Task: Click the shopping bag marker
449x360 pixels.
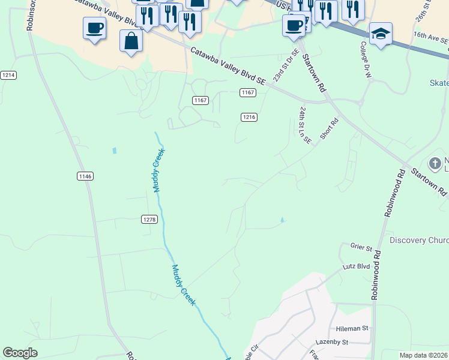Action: coord(131,41)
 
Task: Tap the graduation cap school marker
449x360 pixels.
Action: coord(381,33)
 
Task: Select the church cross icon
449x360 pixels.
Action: coord(435,163)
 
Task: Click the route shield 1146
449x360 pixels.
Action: coord(85,176)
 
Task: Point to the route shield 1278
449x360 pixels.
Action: coord(149,220)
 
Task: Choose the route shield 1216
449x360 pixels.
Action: coord(249,117)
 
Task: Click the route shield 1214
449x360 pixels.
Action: coord(8,75)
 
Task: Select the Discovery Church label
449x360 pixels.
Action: coord(418,241)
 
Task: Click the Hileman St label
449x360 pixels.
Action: coord(352,328)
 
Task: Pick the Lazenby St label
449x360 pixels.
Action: coord(332,342)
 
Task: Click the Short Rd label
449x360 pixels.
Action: coord(330,128)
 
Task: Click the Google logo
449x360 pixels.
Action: coord(20,353)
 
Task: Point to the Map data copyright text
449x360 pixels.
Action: coord(424,355)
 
